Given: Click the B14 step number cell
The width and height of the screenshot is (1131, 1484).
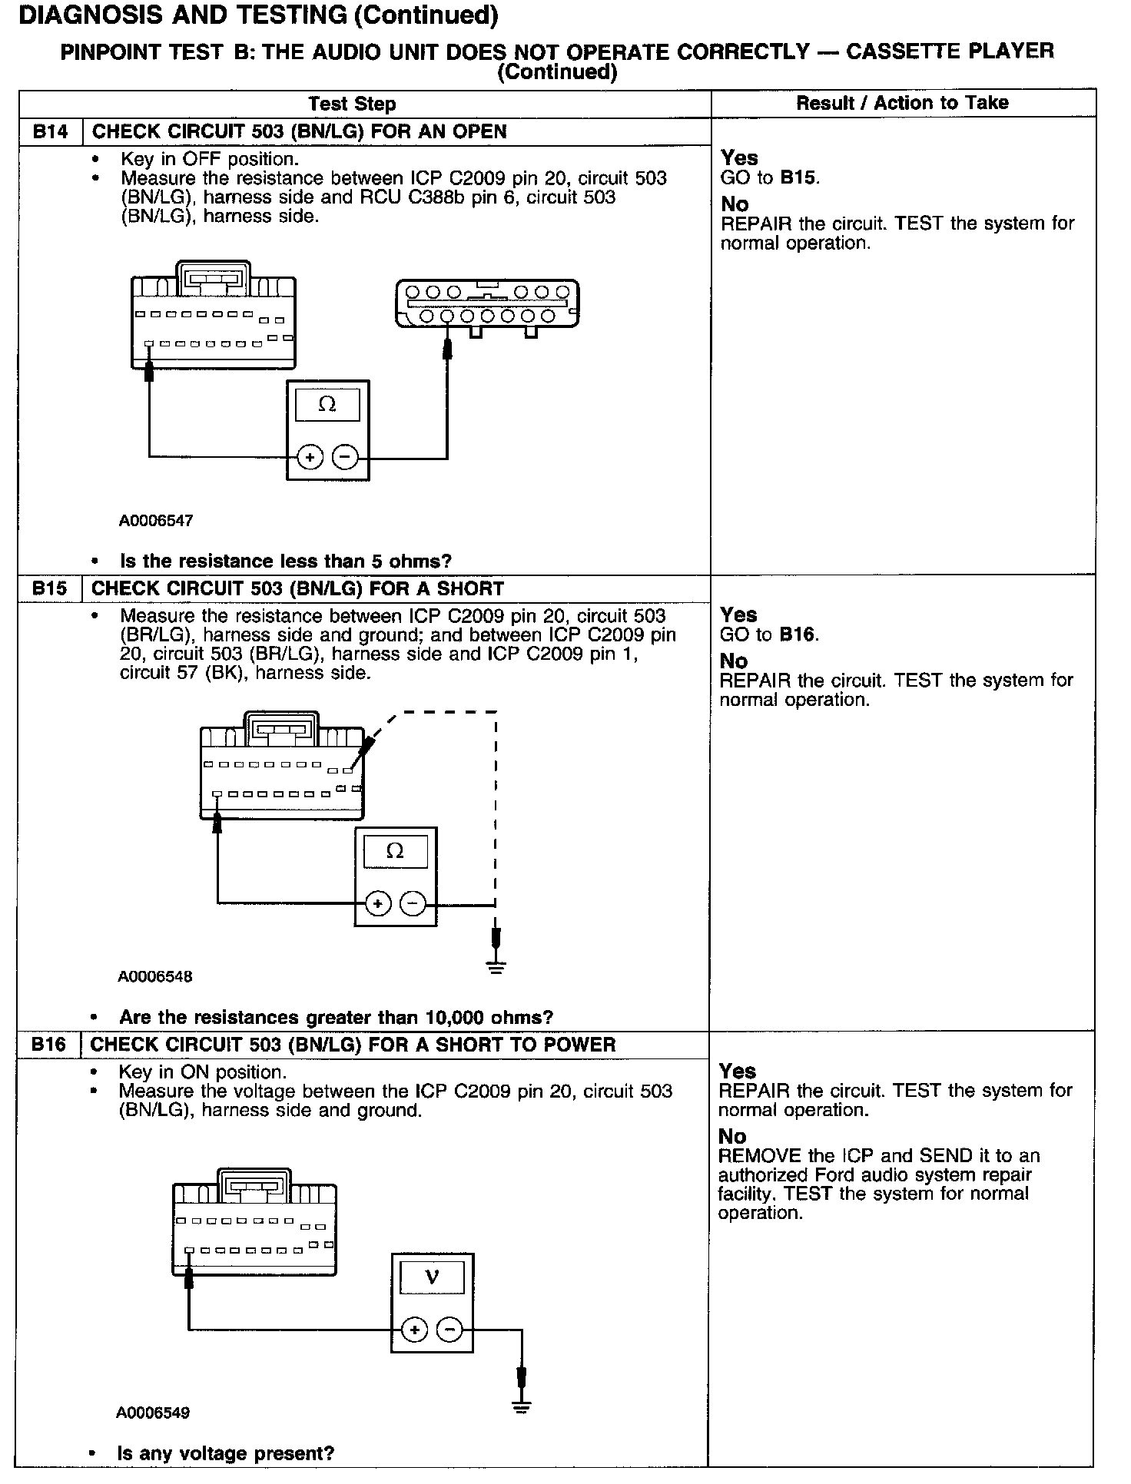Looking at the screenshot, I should click(50, 132).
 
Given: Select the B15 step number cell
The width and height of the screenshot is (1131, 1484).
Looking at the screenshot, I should click(50, 589).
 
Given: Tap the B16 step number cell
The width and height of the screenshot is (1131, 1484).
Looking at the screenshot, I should click(48, 1045).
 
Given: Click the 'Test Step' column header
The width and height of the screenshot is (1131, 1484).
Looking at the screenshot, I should click(352, 104).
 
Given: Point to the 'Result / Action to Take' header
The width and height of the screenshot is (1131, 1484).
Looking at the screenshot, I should click(902, 103).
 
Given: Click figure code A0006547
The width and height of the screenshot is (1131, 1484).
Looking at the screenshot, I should click(156, 521).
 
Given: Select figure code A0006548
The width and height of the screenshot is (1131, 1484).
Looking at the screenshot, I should click(155, 977).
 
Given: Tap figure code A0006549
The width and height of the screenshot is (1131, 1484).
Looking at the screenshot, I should click(154, 1413).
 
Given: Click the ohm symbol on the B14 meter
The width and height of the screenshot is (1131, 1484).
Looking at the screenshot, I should click(327, 404).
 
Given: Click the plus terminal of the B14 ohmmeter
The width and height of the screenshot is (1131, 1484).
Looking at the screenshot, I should click(310, 458).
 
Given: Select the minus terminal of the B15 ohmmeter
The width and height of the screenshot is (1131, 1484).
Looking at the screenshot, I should click(413, 903).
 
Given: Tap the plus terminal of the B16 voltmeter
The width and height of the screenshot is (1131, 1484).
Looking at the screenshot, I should click(414, 1330).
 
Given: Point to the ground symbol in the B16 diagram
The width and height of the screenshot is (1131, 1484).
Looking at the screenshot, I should click(522, 1407).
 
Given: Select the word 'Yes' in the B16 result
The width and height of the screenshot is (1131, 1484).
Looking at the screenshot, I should click(738, 1072).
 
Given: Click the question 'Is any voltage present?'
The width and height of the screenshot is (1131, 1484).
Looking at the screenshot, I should click(226, 1453).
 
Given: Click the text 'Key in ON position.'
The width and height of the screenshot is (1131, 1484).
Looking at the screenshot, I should click(203, 1072).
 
